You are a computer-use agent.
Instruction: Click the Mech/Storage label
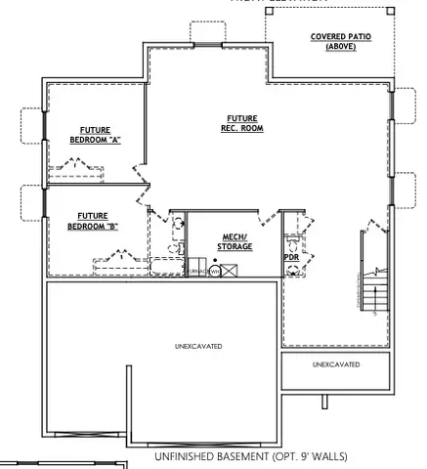point(235,241)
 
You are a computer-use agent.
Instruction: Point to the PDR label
point(290,257)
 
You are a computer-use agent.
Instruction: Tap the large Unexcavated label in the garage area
point(197,346)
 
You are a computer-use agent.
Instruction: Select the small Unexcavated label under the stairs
point(335,363)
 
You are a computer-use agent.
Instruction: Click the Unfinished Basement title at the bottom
point(250,456)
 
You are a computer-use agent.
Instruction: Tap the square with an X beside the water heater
point(229,270)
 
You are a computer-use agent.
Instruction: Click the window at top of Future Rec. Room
point(207,46)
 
